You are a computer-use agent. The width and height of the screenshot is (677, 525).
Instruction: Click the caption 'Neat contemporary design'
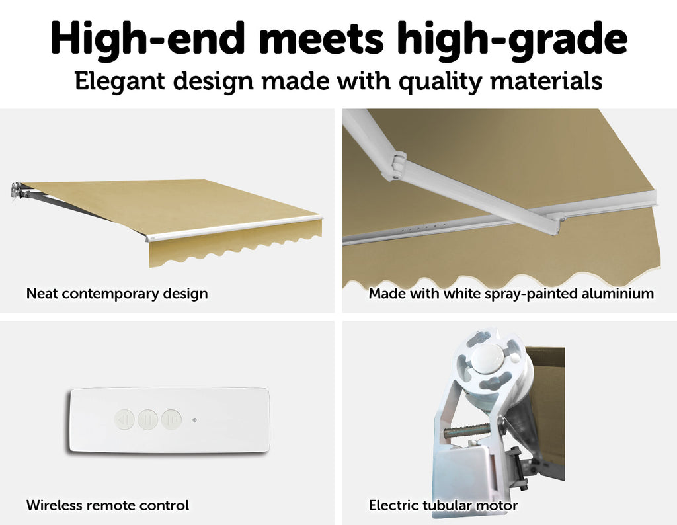[117, 294]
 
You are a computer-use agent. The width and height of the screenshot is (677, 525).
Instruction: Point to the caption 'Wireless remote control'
[108, 505]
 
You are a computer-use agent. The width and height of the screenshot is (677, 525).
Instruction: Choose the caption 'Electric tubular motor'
[443, 505]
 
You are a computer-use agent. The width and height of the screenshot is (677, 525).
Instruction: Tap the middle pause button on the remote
[147, 419]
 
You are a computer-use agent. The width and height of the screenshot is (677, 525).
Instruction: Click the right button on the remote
[171, 419]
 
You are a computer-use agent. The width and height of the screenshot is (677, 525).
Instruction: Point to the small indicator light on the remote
[195, 419]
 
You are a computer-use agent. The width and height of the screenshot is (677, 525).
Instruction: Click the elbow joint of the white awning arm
[397, 165]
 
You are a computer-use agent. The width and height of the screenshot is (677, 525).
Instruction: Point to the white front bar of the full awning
[236, 227]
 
